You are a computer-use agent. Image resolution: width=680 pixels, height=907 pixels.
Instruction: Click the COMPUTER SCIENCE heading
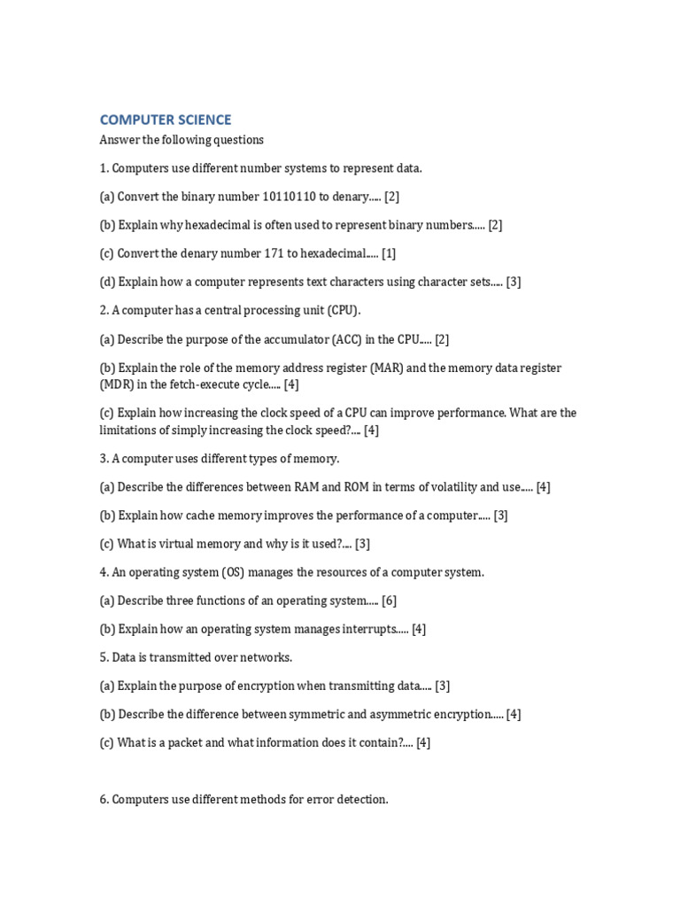pos(166,120)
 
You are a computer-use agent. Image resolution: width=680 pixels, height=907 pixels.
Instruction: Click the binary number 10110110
pos(289,197)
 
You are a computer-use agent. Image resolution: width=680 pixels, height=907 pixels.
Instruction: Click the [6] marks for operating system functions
pos(389,601)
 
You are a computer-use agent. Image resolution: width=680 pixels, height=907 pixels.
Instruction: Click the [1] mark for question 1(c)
pos(389,253)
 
